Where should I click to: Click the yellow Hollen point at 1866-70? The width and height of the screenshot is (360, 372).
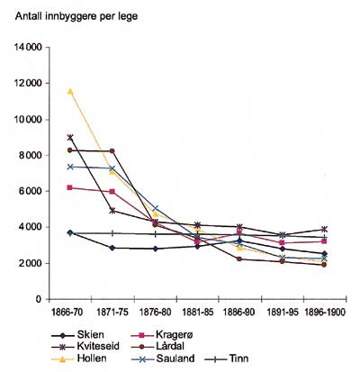[69, 91]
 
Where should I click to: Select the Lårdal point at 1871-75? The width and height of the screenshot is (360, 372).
[112, 151]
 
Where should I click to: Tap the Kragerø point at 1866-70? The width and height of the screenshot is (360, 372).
[69, 187]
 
